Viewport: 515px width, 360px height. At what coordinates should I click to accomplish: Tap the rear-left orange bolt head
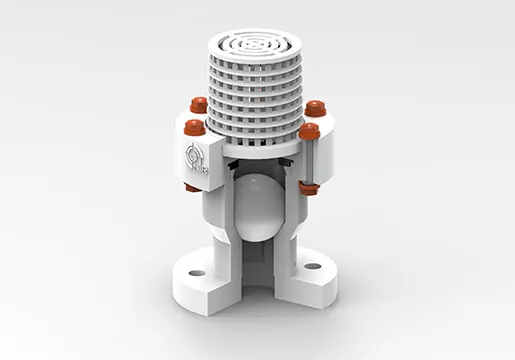(199, 103)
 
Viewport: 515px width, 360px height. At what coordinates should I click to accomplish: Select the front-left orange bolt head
(194, 127)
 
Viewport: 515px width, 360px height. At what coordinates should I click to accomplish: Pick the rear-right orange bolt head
(316, 108)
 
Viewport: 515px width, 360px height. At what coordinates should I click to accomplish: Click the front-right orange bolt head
(309, 130)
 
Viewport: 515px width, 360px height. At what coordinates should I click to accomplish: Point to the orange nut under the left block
(192, 187)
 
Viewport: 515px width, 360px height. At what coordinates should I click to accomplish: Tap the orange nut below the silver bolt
(309, 187)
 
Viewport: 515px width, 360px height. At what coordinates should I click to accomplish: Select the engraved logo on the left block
(194, 158)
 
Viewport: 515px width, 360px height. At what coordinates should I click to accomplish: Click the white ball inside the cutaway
(258, 205)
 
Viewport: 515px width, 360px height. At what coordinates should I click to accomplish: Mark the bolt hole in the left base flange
(197, 272)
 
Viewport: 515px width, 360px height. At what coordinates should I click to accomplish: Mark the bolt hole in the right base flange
(312, 266)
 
